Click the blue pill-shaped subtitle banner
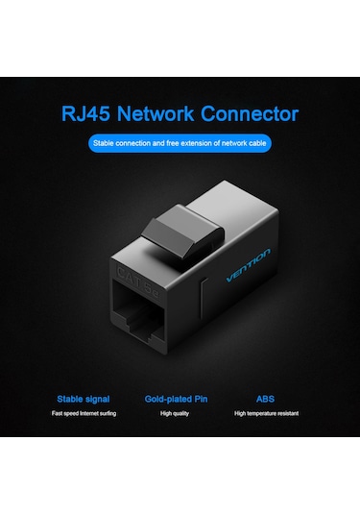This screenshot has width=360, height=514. (x=180, y=144)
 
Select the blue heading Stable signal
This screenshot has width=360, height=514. (x=84, y=398)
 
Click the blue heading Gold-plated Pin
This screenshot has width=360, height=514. (x=180, y=398)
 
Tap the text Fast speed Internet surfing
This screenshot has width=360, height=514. (x=84, y=414)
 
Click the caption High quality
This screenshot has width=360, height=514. (x=179, y=414)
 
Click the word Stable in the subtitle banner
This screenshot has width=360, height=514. (x=104, y=144)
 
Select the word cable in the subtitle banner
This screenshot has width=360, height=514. (x=256, y=144)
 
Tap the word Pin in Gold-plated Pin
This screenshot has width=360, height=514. (x=205, y=398)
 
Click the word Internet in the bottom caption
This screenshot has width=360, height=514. (x=89, y=414)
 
